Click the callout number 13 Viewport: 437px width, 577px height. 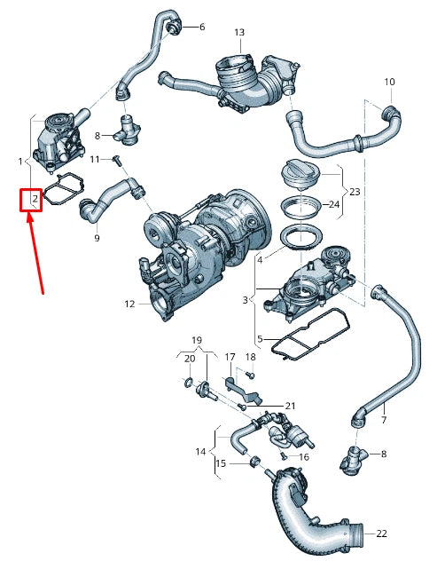pos(239,32)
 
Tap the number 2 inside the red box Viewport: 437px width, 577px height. pos(34,199)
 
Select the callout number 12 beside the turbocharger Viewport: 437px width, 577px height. pos(129,304)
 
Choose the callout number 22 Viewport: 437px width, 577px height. pos(382,534)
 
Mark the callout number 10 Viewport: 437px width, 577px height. pos(389,83)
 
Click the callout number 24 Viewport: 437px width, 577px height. pos(334,204)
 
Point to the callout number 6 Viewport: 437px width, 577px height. pos(201,27)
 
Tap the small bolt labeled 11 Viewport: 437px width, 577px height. pos(115,160)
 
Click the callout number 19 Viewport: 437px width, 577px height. pos(197,339)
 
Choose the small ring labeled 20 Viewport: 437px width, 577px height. pos(189,383)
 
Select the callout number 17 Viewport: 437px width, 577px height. pos(229,358)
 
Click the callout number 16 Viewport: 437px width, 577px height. pos(303,457)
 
